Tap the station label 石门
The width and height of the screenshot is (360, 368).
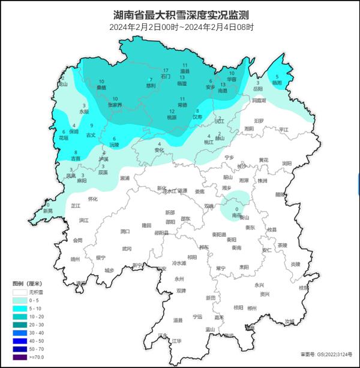[x=166, y=77]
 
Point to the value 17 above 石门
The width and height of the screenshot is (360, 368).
[x=166, y=71]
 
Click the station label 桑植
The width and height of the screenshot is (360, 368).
[x=101, y=88]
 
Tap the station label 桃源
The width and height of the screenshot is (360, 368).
[x=172, y=117]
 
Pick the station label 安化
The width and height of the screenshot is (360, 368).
[x=159, y=150]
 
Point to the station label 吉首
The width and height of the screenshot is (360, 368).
[x=76, y=159]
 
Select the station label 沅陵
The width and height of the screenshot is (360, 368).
[x=114, y=145]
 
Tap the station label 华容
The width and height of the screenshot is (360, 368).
[x=232, y=79]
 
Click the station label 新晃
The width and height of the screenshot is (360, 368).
[x=47, y=212]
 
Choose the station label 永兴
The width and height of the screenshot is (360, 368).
[x=259, y=285]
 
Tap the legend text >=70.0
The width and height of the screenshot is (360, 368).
[x=37, y=358]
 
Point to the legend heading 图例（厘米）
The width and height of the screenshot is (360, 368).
[x=27, y=283]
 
